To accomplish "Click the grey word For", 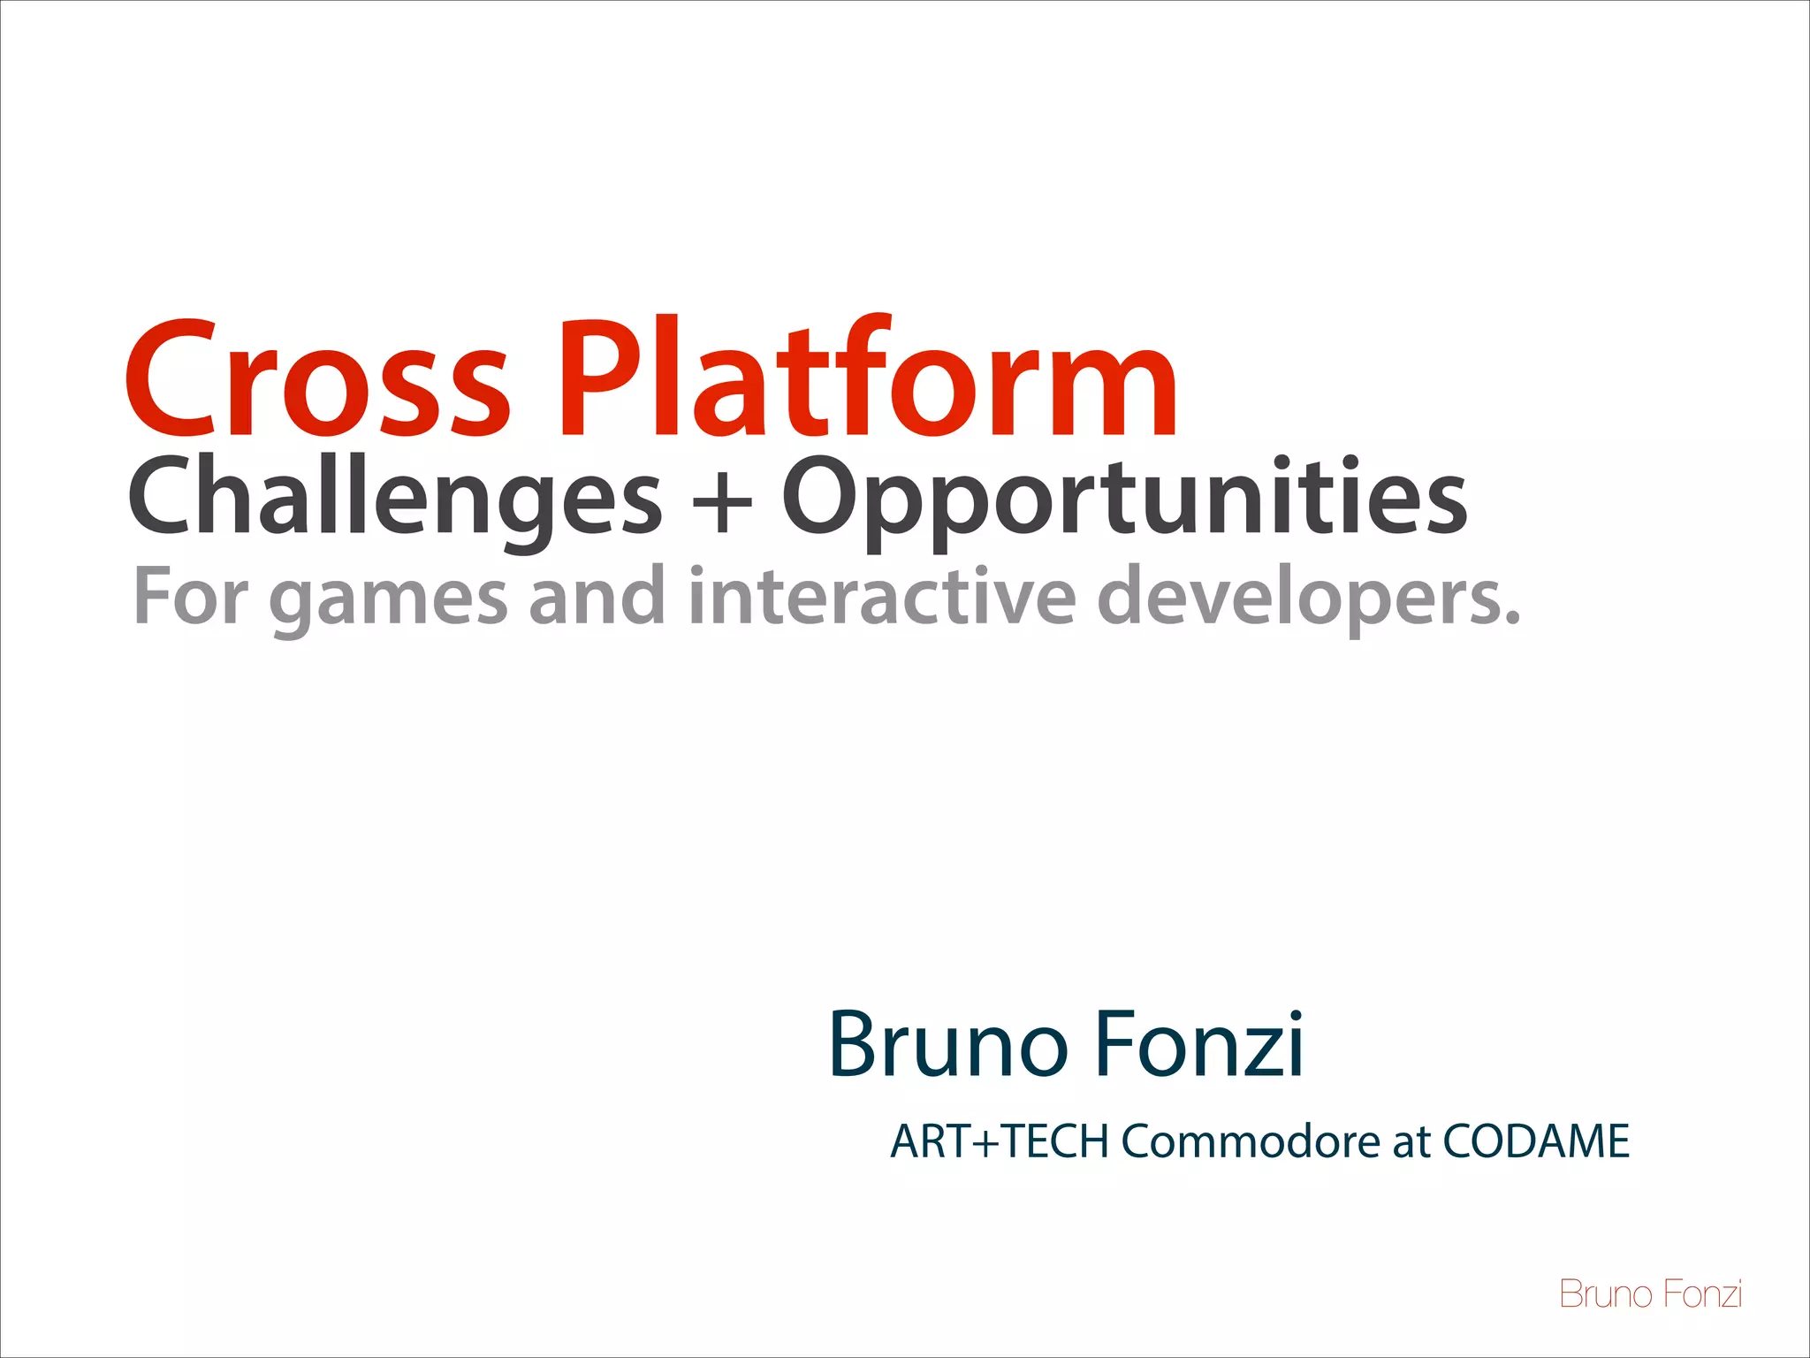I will [191, 596].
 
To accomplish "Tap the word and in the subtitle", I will [597, 596].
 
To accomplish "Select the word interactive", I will [882, 596].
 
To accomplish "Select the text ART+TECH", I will [1000, 1141].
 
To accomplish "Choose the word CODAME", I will [1536, 1141].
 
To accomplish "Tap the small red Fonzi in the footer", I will [1702, 1294].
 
